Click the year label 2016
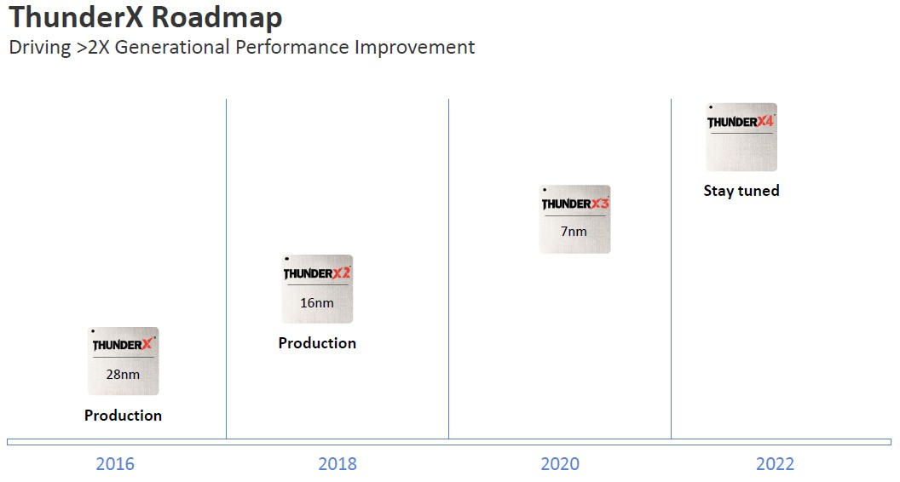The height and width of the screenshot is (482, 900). [x=115, y=463]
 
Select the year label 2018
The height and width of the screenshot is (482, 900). [x=337, y=463]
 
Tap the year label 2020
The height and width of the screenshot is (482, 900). [x=560, y=463]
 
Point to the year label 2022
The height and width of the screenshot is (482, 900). [x=775, y=463]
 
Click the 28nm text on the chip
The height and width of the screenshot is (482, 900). [x=123, y=375]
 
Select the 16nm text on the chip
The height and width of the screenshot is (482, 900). [x=317, y=303]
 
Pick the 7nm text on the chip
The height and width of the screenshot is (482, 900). [x=574, y=232]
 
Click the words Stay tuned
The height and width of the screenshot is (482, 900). [x=741, y=191]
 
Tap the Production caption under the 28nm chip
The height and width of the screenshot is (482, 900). [x=123, y=416]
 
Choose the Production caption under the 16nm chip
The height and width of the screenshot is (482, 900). [x=317, y=343]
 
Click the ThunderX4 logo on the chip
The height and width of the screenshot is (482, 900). [x=741, y=122]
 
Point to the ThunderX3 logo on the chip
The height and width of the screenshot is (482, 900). [x=575, y=204]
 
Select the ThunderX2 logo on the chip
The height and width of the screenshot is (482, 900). [x=317, y=273]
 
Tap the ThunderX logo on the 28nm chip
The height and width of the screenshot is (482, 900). [x=124, y=344]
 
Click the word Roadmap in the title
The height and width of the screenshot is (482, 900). [x=217, y=17]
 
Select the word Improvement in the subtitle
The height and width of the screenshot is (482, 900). [x=414, y=48]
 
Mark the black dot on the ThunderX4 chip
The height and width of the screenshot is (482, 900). [x=711, y=107]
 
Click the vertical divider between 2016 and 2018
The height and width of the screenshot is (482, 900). [x=226, y=268]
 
